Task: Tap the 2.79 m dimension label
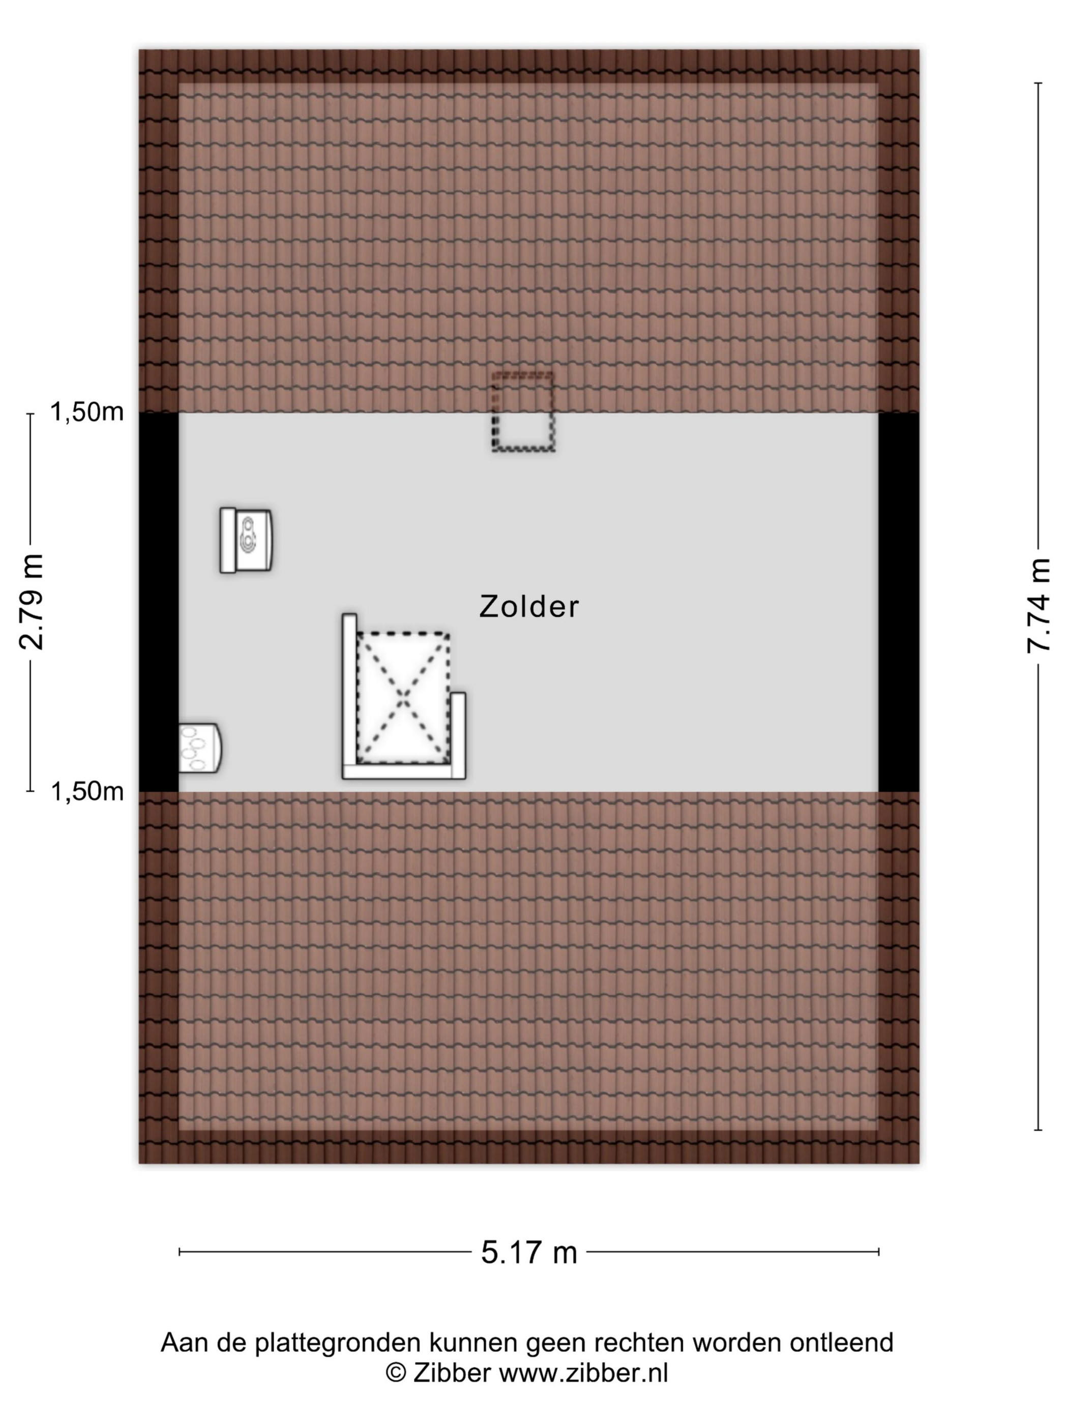coord(30,601)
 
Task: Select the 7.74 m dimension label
coord(1038,605)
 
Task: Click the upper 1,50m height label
coord(87,412)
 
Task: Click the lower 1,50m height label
coord(87,791)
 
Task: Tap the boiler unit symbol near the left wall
coord(246,540)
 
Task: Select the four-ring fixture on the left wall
coord(199,748)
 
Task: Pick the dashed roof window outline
coord(523,411)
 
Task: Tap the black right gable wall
coord(899,602)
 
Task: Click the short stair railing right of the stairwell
coord(458,735)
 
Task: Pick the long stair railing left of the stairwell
coord(349,696)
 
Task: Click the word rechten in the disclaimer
coord(639,1342)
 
